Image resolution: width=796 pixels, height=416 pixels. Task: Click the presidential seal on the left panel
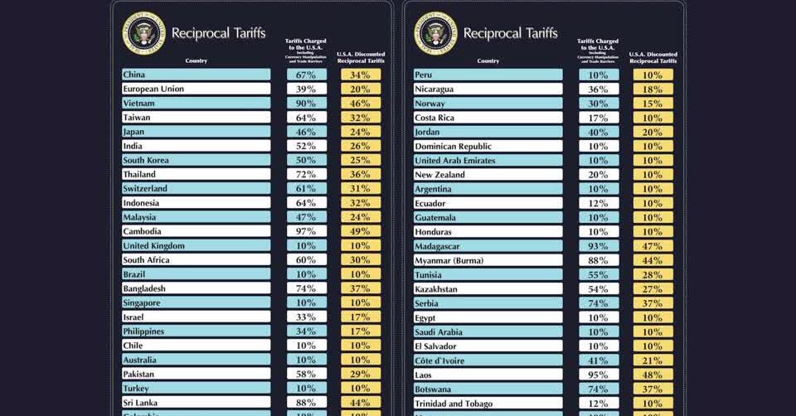[x=143, y=33]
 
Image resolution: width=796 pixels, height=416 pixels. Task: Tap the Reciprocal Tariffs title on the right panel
[x=510, y=33]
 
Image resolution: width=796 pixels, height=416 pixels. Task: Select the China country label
[x=134, y=75]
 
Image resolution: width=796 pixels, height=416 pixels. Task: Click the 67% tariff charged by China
[x=307, y=75]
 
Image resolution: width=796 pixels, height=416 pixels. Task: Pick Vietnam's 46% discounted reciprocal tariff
[x=360, y=104]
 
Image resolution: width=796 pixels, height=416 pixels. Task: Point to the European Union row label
[x=153, y=89]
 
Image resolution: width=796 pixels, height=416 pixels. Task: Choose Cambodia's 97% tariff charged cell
[x=307, y=231]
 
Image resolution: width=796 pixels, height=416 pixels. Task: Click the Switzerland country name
[x=145, y=189]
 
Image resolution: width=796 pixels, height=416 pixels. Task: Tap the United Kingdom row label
[x=153, y=246]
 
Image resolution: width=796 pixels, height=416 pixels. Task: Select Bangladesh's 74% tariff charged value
[x=307, y=288]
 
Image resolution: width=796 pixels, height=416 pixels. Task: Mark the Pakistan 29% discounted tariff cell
[x=360, y=374]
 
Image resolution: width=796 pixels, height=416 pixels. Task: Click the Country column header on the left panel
[x=197, y=60]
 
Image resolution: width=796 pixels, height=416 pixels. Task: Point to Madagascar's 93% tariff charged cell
[x=599, y=246]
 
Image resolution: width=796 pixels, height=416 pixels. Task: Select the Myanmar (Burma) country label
[x=449, y=260]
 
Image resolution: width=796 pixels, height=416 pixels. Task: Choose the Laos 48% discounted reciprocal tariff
[x=653, y=375]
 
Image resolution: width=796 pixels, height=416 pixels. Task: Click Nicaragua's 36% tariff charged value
[x=599, y=89]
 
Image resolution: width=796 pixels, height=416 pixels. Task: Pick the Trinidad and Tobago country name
[x=454, y=403]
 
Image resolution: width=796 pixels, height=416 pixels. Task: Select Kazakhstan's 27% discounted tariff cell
[x=653, y=288]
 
